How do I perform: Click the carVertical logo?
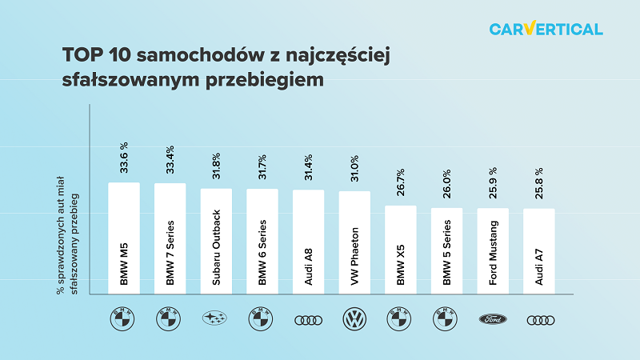point(546,30)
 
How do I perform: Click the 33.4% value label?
point(170,162)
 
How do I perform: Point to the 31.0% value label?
point(354,170)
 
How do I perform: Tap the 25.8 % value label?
point(539,183)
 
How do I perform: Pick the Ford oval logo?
point(493,319)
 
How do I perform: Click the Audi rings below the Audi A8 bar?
point(308,319)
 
